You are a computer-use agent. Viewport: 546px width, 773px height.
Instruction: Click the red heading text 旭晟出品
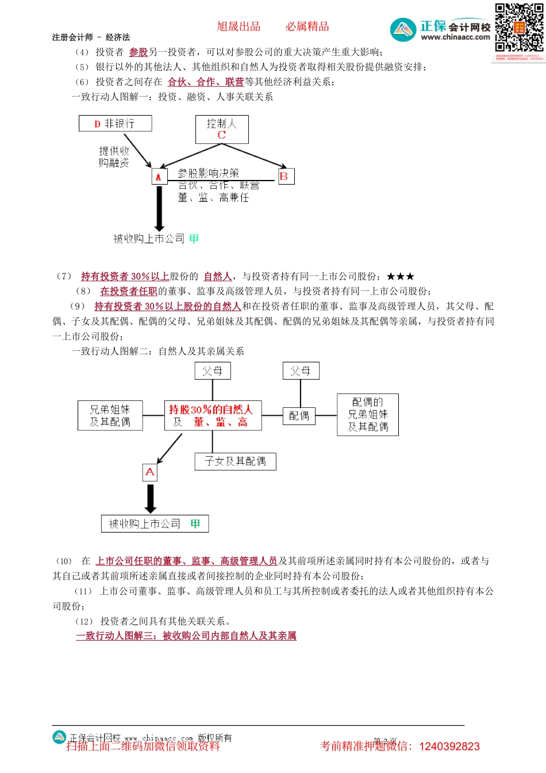239,26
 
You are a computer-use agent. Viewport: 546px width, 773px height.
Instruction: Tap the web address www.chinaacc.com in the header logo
455,37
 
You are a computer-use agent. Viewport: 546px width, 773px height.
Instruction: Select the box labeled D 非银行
116,124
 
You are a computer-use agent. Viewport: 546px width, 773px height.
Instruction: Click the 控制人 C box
222,129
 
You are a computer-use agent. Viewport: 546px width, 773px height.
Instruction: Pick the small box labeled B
286,177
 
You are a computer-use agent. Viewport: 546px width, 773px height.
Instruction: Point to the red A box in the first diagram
159,177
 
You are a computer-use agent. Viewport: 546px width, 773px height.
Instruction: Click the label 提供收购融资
114,157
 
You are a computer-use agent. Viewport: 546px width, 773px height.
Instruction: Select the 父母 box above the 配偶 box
301,371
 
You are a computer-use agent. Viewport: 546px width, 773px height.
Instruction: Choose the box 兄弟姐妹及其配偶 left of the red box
110,416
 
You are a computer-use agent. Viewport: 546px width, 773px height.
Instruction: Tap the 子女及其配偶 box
236,461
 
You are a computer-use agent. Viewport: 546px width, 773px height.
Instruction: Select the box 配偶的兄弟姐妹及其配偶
368,415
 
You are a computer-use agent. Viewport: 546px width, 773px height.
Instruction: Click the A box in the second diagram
150,472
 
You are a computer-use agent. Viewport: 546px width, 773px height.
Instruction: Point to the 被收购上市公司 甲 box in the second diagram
155,524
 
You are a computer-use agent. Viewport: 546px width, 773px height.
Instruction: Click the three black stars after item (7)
401,277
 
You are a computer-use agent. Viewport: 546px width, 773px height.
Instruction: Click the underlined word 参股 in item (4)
139,52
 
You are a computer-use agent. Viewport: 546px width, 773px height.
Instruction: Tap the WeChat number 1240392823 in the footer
449,747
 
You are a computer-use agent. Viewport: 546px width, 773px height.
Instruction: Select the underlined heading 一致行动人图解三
186,636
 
